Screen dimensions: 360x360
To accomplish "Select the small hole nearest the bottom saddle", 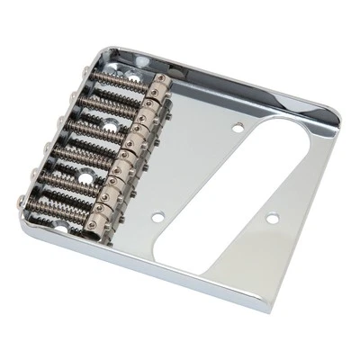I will pos(159,216).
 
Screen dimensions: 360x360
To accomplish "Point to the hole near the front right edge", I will pos(269,218).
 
